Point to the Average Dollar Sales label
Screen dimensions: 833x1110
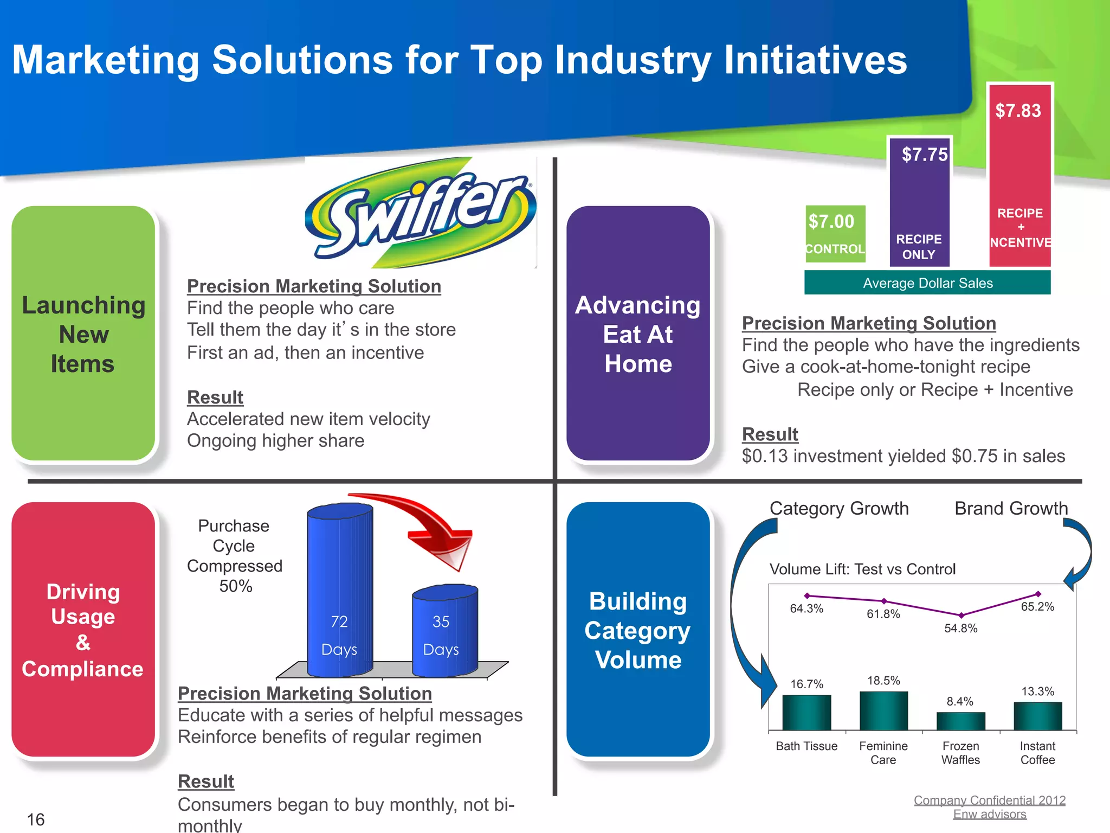[x=927, y=283]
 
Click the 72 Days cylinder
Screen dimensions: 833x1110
[x=340, y=591]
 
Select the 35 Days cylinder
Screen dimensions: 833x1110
[x=445, y=632]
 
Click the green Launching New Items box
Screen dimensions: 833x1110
[x=83, y=334]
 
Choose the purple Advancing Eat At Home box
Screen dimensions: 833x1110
[x=638, y=334]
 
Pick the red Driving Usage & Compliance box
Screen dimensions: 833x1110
[x=83, y=629]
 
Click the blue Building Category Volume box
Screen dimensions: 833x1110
[x=638, y=629]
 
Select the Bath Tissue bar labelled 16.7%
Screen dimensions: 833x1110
[x=806, y=712]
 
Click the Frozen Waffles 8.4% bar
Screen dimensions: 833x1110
[x=960, y=721]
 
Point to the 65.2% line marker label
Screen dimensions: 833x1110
[x=1037, y=607]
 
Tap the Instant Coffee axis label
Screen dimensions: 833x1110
[x=1037, y=753]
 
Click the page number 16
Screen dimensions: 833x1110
[x=36, y=819]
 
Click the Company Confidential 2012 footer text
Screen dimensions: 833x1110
[x=990, y=800]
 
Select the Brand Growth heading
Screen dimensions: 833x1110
[x=1011, y=508]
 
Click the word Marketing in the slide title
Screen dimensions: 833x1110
[x=106, y=60]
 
